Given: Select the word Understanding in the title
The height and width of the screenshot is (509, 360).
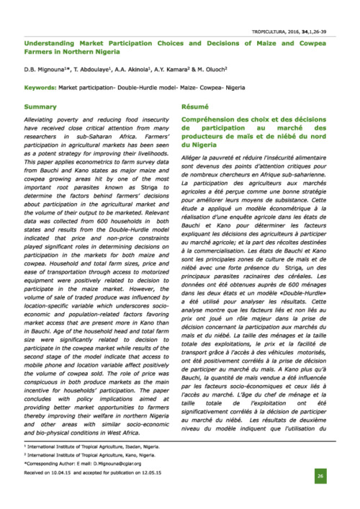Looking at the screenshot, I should (50, 43).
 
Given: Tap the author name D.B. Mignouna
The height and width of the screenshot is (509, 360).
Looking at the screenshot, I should (45, 70).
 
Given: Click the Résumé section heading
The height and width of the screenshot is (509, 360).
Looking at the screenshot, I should (194, 107).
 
